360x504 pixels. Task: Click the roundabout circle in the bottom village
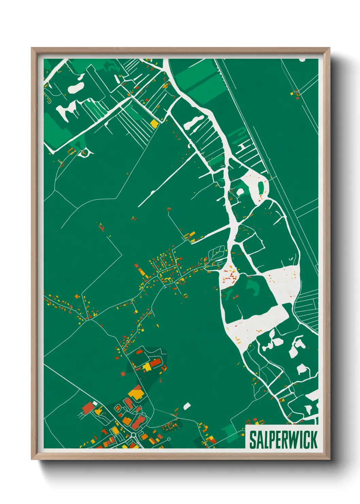coord(133,435)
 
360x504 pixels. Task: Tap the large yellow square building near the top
coord(154,123)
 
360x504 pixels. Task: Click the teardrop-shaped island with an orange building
coord(83,153)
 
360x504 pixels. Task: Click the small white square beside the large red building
coord(95,404)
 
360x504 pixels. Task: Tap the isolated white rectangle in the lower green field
coord(187,406)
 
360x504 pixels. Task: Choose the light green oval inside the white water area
coord(261,188)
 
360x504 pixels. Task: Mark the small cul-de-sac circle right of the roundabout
coord(169,439)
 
